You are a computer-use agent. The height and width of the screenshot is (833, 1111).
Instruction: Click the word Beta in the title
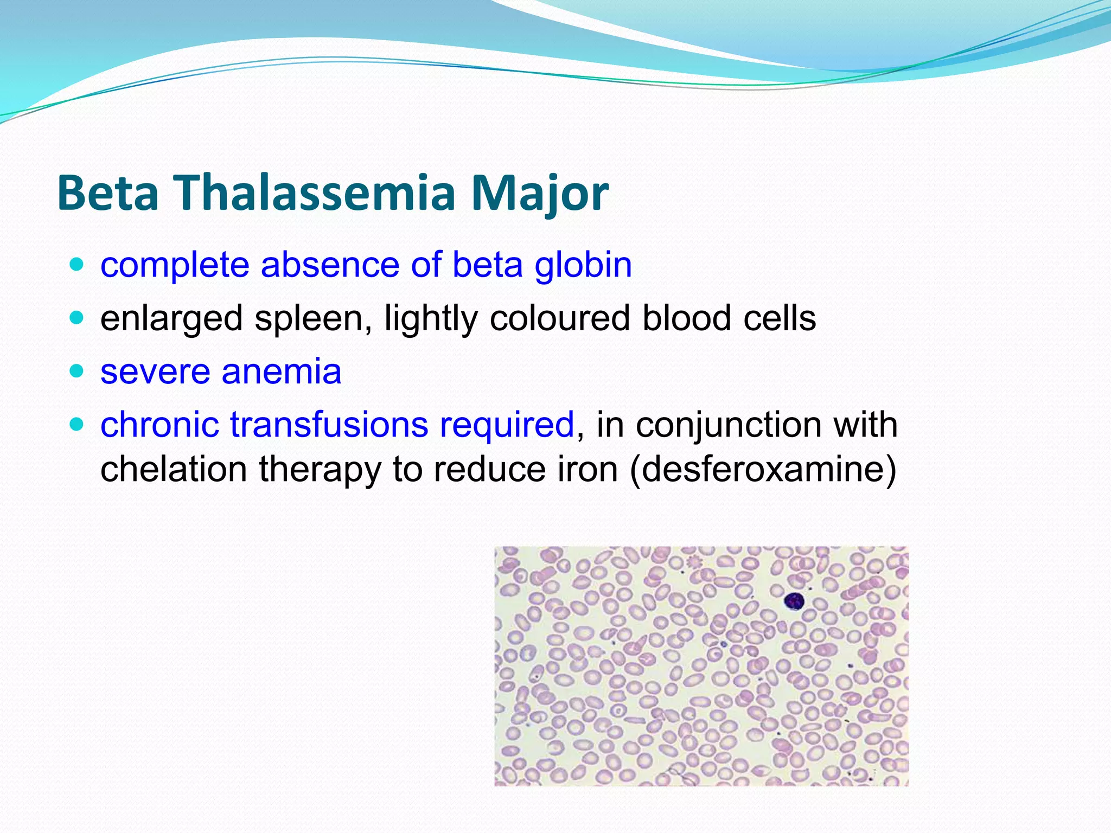pyautogui.click(x=107, y=193)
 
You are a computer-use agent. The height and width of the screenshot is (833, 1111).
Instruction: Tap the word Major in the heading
pyautogui.click(x=539, y=194)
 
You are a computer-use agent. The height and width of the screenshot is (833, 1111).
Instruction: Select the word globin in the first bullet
pyautogui.click(x=583, y=266)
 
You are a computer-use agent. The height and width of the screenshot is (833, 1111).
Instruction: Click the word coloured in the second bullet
pyautogui.click(x=560, y=318)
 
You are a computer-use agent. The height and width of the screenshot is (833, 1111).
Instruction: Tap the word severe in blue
pyautogui.click(x=155, y=372)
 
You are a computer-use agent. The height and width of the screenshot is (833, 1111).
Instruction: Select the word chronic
pyautogui.click(x=159, y=425)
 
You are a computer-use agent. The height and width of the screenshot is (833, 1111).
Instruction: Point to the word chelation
pyautogui.click(x=174, y=470)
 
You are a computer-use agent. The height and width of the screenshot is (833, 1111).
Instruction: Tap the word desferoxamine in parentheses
pyautogui.click(x=762, y=470)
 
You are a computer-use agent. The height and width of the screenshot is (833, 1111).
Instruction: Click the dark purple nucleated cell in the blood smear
pyautogui.click(x=794, y=601)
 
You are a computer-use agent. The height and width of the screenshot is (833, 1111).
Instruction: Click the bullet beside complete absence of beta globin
pyautogui.click(x=77, y=265)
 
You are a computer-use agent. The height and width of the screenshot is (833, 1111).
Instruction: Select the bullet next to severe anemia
pyautogui.click(x=77, y=371)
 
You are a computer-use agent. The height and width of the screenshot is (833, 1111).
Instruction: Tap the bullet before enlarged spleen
pyautogui.click(x=77, y=318)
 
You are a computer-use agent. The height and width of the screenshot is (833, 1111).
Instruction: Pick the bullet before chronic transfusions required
pyautogui.click(x=77, y=424)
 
